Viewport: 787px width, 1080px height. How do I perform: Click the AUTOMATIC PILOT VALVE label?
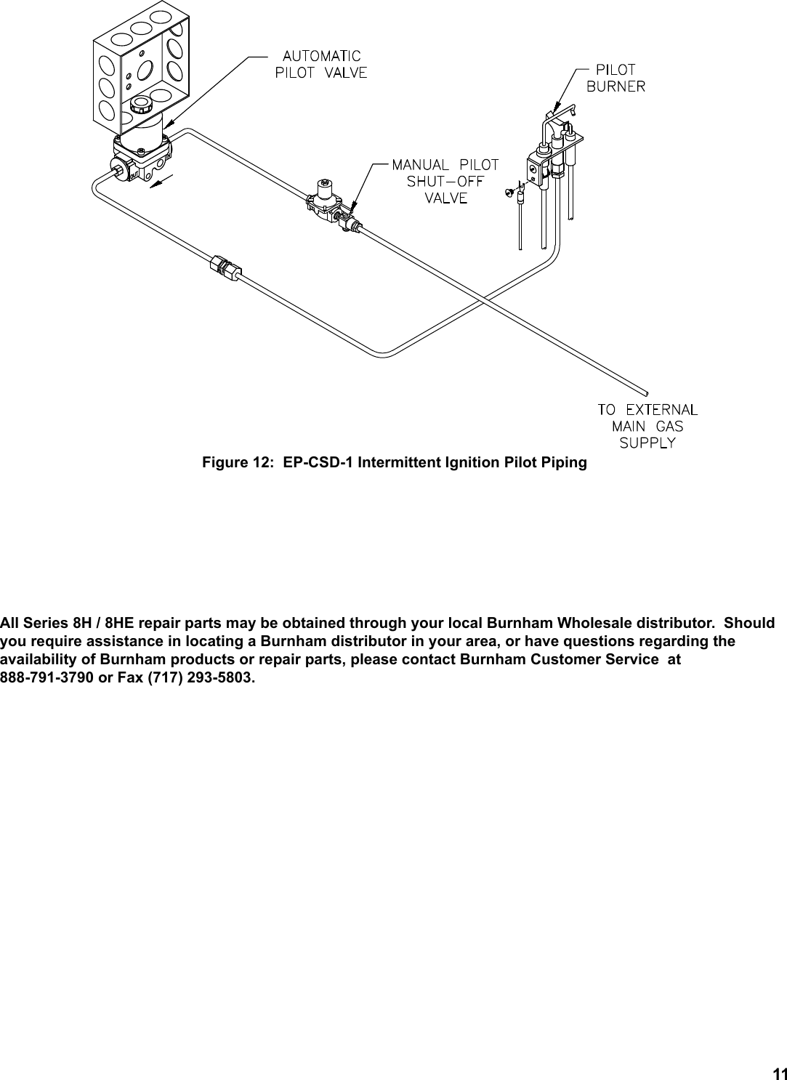tap(320, 64)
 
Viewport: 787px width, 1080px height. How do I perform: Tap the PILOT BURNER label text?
tap(616, 78)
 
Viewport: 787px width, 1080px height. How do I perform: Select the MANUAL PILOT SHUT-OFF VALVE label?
tap(445, 181)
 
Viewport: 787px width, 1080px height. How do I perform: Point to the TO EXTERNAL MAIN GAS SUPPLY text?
tap(647, 426)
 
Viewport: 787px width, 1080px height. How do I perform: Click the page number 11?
tap(779, 1073)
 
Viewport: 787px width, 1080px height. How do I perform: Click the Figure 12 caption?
tap(394, 463)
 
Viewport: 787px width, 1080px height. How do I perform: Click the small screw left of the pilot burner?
tap(509, 192)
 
